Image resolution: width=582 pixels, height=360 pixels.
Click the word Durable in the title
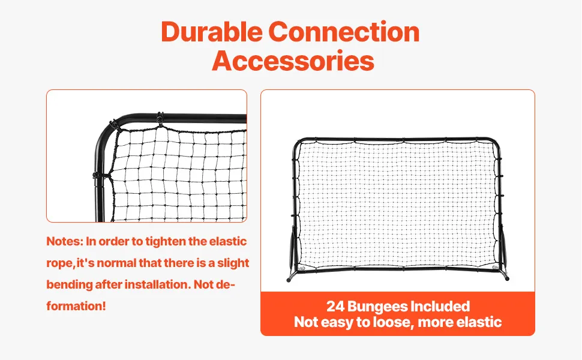(x=212, y=32)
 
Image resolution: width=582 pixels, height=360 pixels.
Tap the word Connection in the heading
(x=344, y=32)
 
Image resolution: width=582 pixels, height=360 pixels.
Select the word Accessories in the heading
(x=293, y=61)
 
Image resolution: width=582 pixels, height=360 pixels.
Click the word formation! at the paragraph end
(x=76, y=306)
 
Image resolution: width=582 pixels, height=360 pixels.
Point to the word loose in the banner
(x=393, y=322)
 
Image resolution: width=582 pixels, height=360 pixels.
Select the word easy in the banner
(x=336, y=323)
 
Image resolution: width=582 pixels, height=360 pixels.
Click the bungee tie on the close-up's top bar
(x=160, y=119)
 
